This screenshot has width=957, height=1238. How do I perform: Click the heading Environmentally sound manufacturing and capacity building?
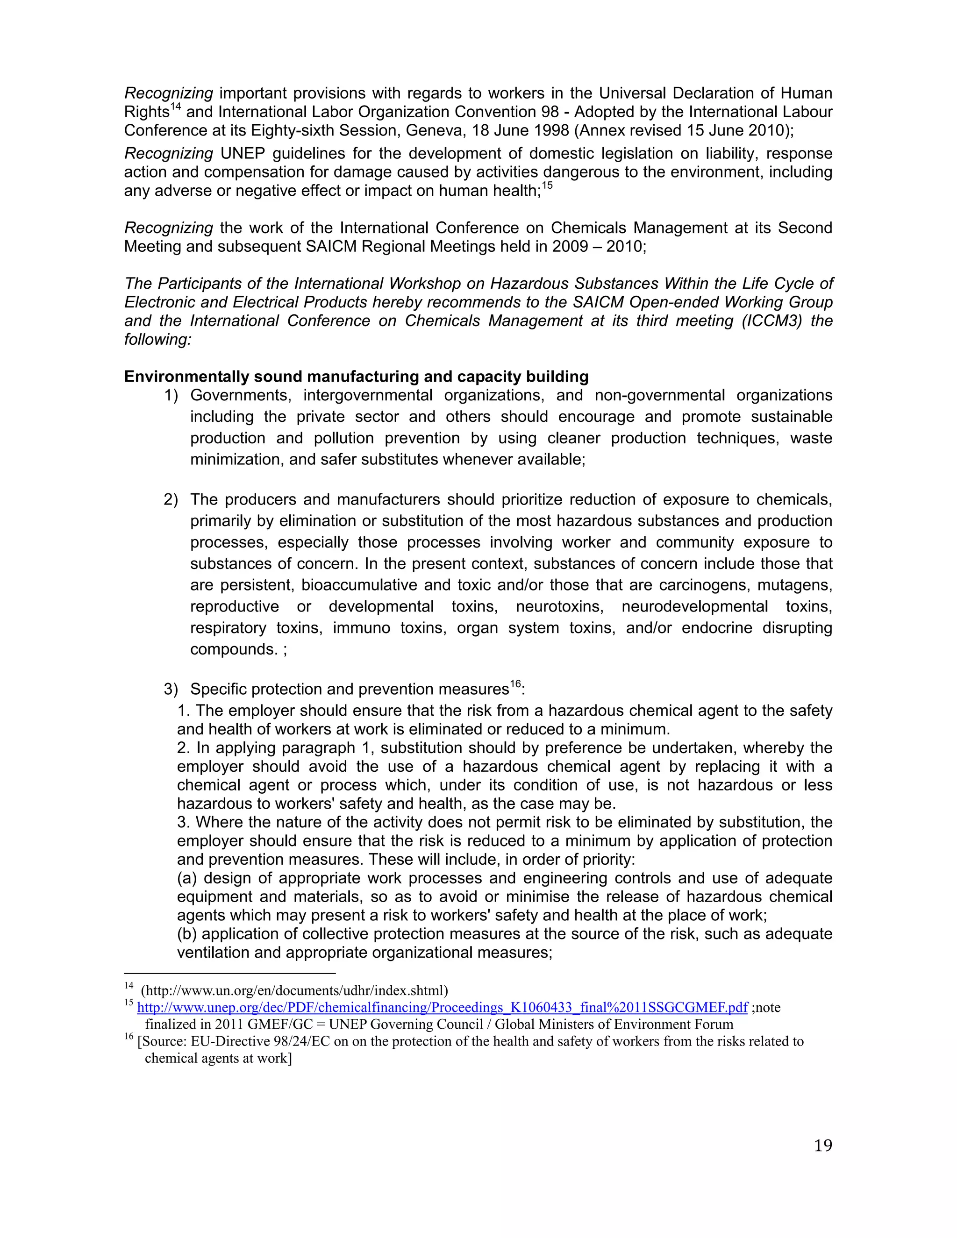pos(356,377)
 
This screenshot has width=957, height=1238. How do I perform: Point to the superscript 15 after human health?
pos(547,186)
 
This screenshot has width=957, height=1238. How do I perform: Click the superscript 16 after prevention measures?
pos(515,684)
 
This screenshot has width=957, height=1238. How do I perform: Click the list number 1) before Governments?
pos(171,396)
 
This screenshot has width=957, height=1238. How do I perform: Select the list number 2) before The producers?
pos(171,500)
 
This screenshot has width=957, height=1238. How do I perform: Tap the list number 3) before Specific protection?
pos(171,689)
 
